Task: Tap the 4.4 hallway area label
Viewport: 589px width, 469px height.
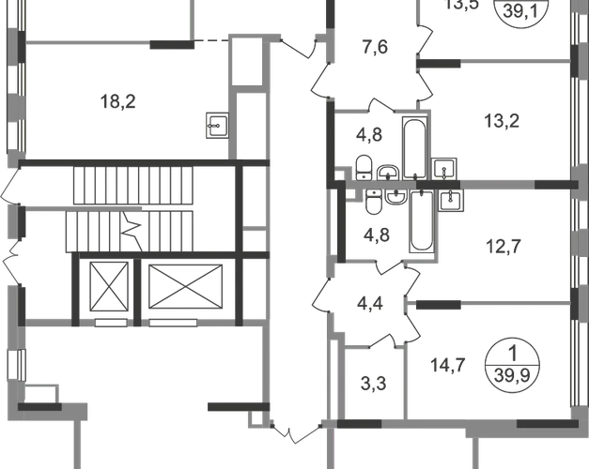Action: tap(367, 303)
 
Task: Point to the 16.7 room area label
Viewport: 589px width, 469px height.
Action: tap(444, 362)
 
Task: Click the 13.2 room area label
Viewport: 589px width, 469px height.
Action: tap(502, 120)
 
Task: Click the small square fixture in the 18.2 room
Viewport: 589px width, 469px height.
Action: tap(215, 120)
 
